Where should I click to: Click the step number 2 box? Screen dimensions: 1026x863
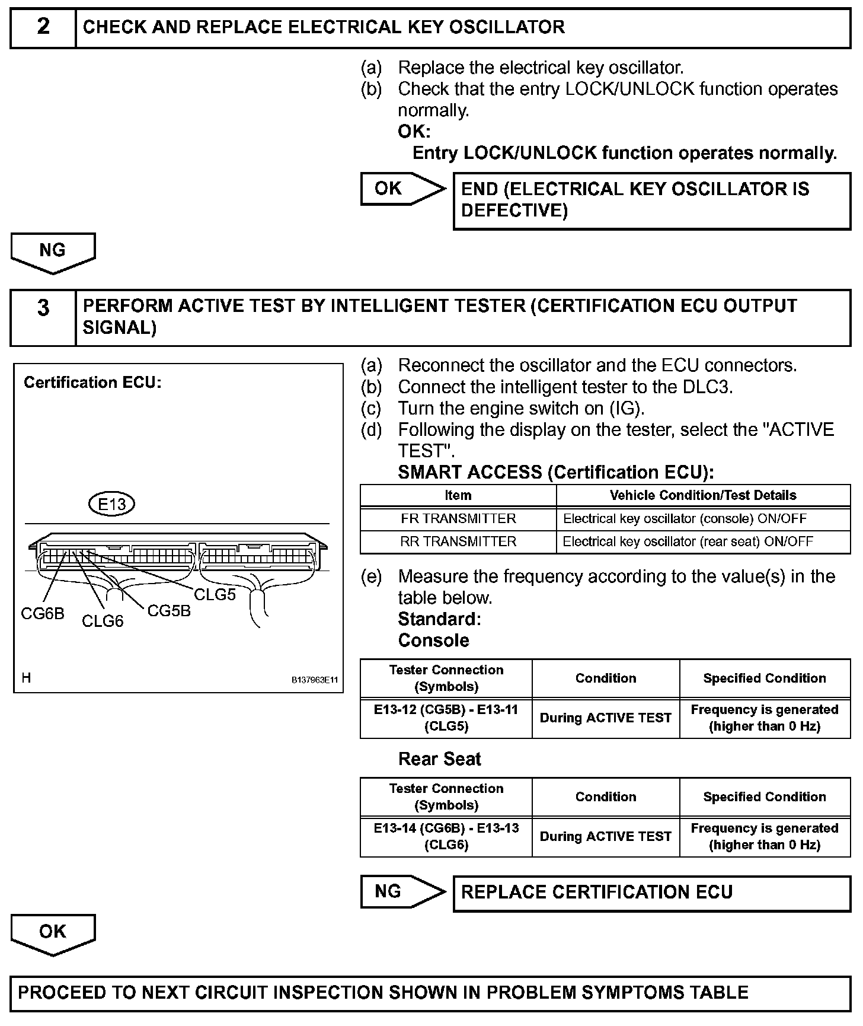pos(43,28)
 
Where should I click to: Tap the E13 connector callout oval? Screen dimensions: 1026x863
pos(111,504)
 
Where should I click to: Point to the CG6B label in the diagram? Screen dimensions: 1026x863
pos(43,614)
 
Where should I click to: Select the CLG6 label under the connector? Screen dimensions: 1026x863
pos(103,621)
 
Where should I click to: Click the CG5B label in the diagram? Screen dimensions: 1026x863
pos(169,611)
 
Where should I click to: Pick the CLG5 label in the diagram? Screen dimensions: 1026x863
pos(215,594)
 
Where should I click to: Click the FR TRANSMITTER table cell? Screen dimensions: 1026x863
pos(458,518)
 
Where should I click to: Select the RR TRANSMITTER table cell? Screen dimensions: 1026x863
pos(458,541)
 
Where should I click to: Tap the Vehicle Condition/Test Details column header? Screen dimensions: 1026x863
pos(703,495)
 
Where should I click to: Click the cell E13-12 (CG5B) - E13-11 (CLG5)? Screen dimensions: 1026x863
pos(446,718)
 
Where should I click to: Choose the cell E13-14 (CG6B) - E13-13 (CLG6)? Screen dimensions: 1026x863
pos(446,836)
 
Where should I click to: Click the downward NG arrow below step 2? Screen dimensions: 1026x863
pos(53,251)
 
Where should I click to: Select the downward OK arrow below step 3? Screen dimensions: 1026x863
pos(53,933)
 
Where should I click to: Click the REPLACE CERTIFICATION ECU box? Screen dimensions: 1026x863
pos(651,893)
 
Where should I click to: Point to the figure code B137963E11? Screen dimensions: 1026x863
pos(314,680)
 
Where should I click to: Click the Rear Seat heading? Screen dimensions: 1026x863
pos(440,759)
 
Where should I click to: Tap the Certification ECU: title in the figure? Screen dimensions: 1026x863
pos(92,383)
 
